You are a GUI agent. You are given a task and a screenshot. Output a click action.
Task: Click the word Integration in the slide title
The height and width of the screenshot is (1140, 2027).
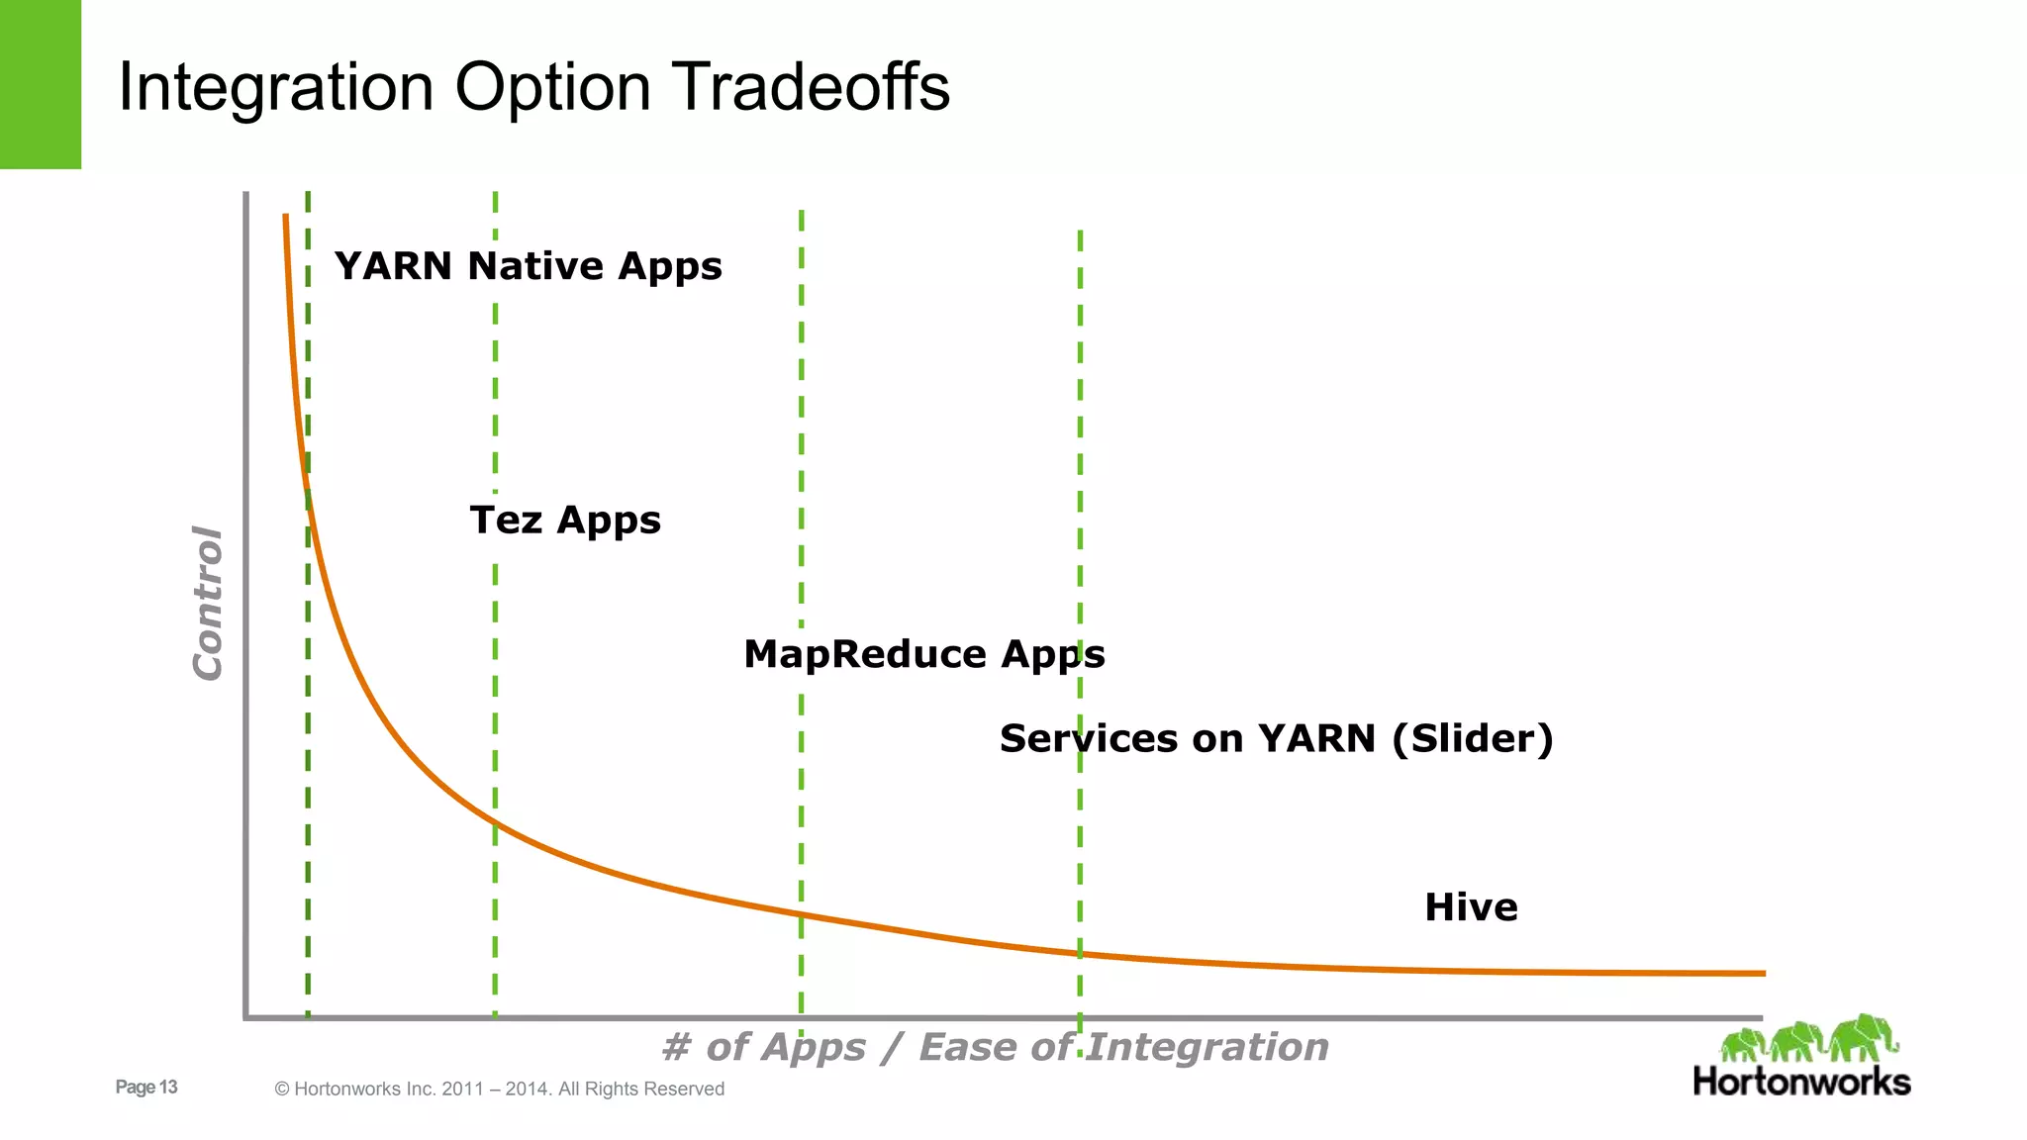pos(276,87)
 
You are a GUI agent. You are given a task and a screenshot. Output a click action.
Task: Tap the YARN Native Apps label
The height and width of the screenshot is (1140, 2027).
pos(528,266)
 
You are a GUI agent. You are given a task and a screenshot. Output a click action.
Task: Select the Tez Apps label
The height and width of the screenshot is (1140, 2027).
pos(565,521)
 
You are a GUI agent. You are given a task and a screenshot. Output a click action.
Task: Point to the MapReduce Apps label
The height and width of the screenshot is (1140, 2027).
pos(923,654)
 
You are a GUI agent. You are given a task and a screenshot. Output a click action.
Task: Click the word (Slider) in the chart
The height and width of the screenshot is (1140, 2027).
pos(1473,738)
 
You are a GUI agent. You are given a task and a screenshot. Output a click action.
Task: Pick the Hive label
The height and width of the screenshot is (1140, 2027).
pos(1471,907)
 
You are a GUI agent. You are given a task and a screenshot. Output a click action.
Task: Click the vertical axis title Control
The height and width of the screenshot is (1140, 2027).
pos(208,603)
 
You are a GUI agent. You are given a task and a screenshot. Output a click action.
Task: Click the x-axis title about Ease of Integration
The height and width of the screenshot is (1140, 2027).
pos(995,1047)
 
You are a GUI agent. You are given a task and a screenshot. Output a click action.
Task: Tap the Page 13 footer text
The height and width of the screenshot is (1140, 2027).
pos(146,1087)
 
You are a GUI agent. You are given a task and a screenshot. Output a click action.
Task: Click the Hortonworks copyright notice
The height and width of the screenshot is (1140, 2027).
pos(499,1089)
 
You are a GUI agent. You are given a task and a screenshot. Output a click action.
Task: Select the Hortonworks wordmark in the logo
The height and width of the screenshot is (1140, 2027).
pos(1801,1081)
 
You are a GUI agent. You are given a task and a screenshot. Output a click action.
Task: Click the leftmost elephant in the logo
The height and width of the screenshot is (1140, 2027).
pos(1743,1044)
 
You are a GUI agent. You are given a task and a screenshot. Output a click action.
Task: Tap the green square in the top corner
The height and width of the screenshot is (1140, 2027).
pos(41,84)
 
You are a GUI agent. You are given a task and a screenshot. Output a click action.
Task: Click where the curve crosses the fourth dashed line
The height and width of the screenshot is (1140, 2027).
pos(1080,954)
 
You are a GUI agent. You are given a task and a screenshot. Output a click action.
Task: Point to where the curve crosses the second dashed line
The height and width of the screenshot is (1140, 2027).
pos(495,823)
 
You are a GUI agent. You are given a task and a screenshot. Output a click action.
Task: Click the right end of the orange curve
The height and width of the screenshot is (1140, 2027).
pos(1762,973)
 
